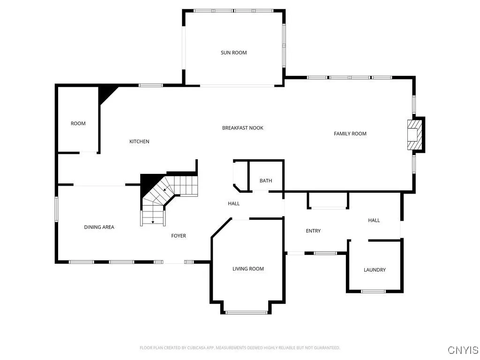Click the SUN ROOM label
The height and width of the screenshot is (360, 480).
[233, 52]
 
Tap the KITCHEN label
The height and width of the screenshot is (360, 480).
[139, 141]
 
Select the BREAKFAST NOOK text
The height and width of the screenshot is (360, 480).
[242, 127]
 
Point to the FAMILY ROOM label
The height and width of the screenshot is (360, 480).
[350, 134]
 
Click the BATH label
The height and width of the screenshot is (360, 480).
[266, 180]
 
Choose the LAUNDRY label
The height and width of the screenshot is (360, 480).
[375, 270]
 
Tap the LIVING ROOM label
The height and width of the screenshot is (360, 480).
[248, 269]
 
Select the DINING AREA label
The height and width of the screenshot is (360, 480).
[99, 227]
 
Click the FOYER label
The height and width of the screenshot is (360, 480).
[178, 235]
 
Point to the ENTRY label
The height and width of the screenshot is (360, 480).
[313, 231]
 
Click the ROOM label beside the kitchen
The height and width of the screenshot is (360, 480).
[78, 123]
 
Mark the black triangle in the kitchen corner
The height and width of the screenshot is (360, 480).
[105, 94]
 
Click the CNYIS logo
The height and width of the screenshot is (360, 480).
[463, 350]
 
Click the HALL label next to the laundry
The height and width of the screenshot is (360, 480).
[374, 220]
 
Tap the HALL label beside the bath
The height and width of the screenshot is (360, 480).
[233, 203]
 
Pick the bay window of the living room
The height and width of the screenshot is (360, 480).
[247, 312]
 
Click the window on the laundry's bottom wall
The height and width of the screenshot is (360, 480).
[373, 292]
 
